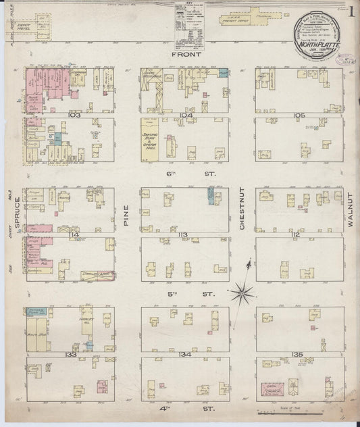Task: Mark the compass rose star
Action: tap(242, 292)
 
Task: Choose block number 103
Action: tap(74, 116)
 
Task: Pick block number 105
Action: tap(300, 116)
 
